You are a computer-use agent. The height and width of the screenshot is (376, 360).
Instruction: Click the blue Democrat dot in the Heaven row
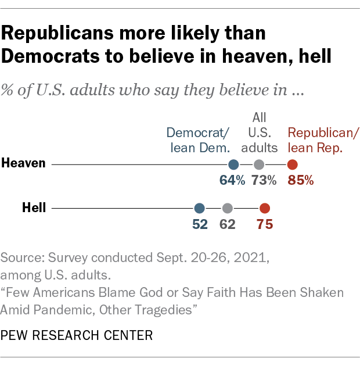pos(233,164)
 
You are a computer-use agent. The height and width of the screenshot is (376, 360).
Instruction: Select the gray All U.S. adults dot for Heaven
pos(259,164)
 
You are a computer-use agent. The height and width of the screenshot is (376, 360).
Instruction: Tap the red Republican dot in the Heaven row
pos(293,164)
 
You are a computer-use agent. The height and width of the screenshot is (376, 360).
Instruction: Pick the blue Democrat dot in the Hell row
pos(200,208)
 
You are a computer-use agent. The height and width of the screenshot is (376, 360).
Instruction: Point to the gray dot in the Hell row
pos(228,208)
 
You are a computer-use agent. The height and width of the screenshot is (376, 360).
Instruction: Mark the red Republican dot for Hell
pos(265,208)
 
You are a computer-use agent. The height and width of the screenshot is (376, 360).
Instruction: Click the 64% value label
pos(232,180)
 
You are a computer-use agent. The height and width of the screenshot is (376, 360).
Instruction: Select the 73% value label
pos(264,180)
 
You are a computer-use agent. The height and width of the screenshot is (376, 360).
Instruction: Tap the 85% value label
pos(301,180)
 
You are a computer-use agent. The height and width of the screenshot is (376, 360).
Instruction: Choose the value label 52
pos(200,224)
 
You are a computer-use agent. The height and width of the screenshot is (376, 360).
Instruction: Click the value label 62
pos(228,224)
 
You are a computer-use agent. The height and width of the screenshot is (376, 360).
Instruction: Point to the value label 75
pos(265,224)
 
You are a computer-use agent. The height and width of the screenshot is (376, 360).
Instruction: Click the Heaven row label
pos(23,163)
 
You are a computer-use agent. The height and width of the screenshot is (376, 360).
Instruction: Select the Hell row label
pos(34,207)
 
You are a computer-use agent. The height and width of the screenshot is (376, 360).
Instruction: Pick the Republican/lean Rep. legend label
pos(323,139)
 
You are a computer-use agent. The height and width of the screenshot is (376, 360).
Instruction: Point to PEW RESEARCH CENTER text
pos(77,335)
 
